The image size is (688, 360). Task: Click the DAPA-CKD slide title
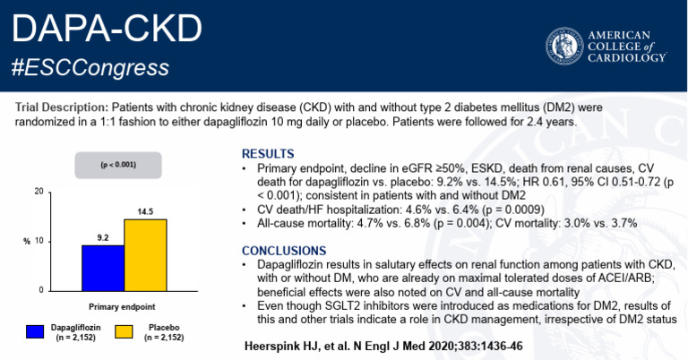click(x=107, y=30)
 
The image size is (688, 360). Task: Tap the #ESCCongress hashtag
click(x=90, y=68)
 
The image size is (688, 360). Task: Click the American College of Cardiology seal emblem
click(x=563, y=46)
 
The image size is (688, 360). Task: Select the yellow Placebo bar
click(x=145, y=254)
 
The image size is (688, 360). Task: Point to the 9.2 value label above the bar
click(x=103, y=237)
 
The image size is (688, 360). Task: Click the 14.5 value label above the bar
click(x=145, y=210)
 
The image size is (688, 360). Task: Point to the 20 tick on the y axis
click(x=39, y=193)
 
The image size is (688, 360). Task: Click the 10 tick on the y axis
click(x=39, y=242)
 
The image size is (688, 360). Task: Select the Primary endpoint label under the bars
click(x=124, y=305)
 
